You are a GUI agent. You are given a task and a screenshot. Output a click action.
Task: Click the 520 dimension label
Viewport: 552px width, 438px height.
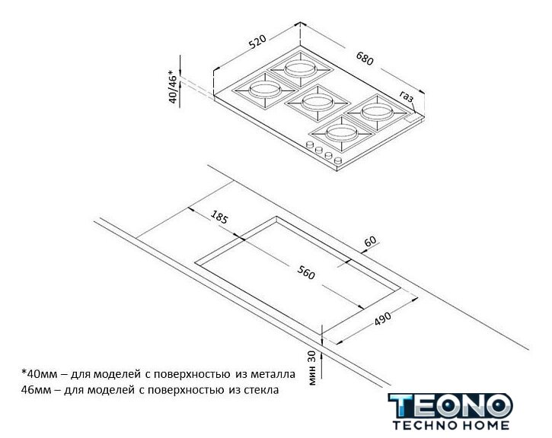click(x=257, y=41)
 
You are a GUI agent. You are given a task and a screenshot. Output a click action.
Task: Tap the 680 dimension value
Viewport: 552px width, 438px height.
click(x=365, y=59)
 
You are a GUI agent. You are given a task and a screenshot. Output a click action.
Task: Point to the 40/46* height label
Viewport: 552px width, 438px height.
click(x=173, y=87)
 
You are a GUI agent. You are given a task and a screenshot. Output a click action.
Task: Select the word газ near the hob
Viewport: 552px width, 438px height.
click(x=407, y=96)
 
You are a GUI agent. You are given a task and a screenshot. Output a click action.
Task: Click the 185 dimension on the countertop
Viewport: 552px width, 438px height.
click(x=219, y=217)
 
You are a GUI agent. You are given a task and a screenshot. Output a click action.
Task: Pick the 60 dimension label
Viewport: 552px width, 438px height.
click(x=370, y=242)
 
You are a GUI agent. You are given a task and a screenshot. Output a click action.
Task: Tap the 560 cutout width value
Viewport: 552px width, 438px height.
click(x=306, y=272)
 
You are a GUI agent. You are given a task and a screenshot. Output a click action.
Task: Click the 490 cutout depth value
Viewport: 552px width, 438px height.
click(x=383, y=318)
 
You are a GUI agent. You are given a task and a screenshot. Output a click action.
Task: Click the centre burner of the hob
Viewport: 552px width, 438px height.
click(x=317, y=103)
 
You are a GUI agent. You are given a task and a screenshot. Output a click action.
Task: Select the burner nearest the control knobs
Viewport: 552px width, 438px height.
click(x=342, y=134)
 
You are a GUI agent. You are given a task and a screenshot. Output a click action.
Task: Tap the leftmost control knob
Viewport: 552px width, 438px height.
click(x=310, y=144)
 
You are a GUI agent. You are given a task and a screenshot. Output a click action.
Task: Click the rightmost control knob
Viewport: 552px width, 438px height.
click(x=338, y=160)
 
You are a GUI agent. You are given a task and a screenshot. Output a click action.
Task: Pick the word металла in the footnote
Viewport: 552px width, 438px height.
click(x=273, y=374)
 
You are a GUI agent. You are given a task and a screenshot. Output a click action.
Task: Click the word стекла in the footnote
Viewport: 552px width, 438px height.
click(x=261, y=390)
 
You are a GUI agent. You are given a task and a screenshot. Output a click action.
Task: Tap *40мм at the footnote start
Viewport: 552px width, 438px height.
click(x=39, y=373)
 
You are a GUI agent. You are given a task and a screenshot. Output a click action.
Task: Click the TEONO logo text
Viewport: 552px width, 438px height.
click(x=450, y=406)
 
